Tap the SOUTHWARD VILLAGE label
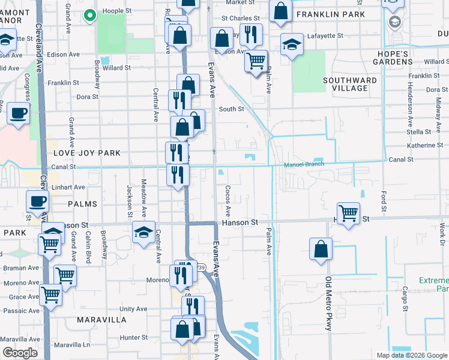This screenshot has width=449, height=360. pos(350,84)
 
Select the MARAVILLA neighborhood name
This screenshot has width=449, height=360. pos(101,320)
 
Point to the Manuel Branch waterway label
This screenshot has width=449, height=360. pos(304,164)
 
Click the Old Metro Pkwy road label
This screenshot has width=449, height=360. pos(328,304)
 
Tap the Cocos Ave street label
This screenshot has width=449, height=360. pos(228,201)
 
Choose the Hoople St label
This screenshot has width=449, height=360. pos(116,10)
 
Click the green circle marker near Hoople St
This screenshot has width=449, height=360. pos(90,16)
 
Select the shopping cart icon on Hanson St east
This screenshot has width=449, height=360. pos(348,213)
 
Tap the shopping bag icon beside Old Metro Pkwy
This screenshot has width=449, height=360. pos(321,249)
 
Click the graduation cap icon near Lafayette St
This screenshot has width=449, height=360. pos(292,45)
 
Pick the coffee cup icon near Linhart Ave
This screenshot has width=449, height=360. pos(37,202)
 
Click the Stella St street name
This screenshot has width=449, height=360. pos(418,131)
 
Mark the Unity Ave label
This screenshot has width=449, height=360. pos(133,308)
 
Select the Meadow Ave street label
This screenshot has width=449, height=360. pos(143,199)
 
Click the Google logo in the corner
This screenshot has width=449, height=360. pos(20,353)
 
